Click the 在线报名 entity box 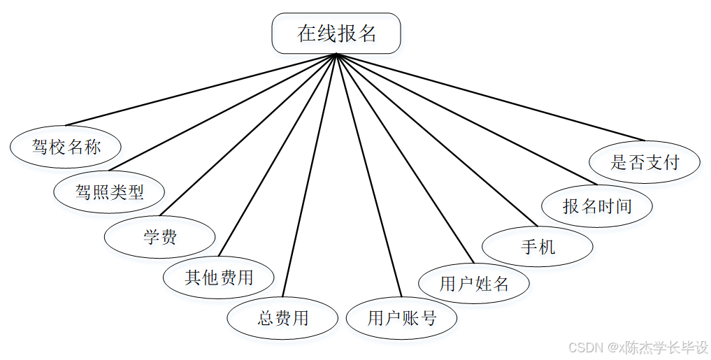336,33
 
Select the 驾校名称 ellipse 66,147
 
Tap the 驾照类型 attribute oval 109,191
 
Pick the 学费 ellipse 159,237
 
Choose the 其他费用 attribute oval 219,278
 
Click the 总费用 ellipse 282,318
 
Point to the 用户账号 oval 401,318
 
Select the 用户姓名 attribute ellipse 473,283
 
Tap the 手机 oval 538,246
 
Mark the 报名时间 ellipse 597,206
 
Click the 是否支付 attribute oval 645,162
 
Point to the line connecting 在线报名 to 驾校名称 201,89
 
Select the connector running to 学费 248,135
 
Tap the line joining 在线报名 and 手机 437,141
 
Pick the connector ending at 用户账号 369,176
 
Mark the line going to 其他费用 278,156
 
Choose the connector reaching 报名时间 467,119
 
